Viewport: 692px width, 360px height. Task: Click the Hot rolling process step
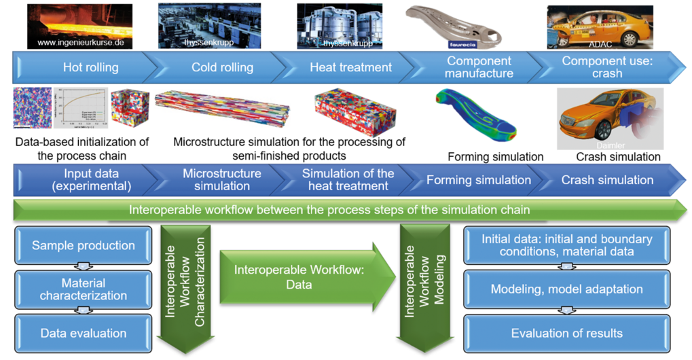tap(90, 67)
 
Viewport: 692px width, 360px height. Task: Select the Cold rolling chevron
tap(222, 67)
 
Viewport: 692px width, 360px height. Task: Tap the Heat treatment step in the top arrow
tap(350, 67)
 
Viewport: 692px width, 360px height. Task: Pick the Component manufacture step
tap(479, 67)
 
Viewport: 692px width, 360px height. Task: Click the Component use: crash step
tap(607, 67)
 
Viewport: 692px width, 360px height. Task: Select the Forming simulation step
tap(479, 180)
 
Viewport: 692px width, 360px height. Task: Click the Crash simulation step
tap(607, 180)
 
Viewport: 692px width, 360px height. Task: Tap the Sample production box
tap(83, 245)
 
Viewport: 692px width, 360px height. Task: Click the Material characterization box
tap(83, 289)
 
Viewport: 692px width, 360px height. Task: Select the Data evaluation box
tap(83, 333)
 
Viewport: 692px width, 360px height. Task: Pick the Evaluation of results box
tap(566, 333)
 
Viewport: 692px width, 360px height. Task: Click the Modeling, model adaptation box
tap(566, 289)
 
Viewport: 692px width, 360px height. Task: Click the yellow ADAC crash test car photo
tap(600, 27)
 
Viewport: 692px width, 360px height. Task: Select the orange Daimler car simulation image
tap(600, 119)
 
